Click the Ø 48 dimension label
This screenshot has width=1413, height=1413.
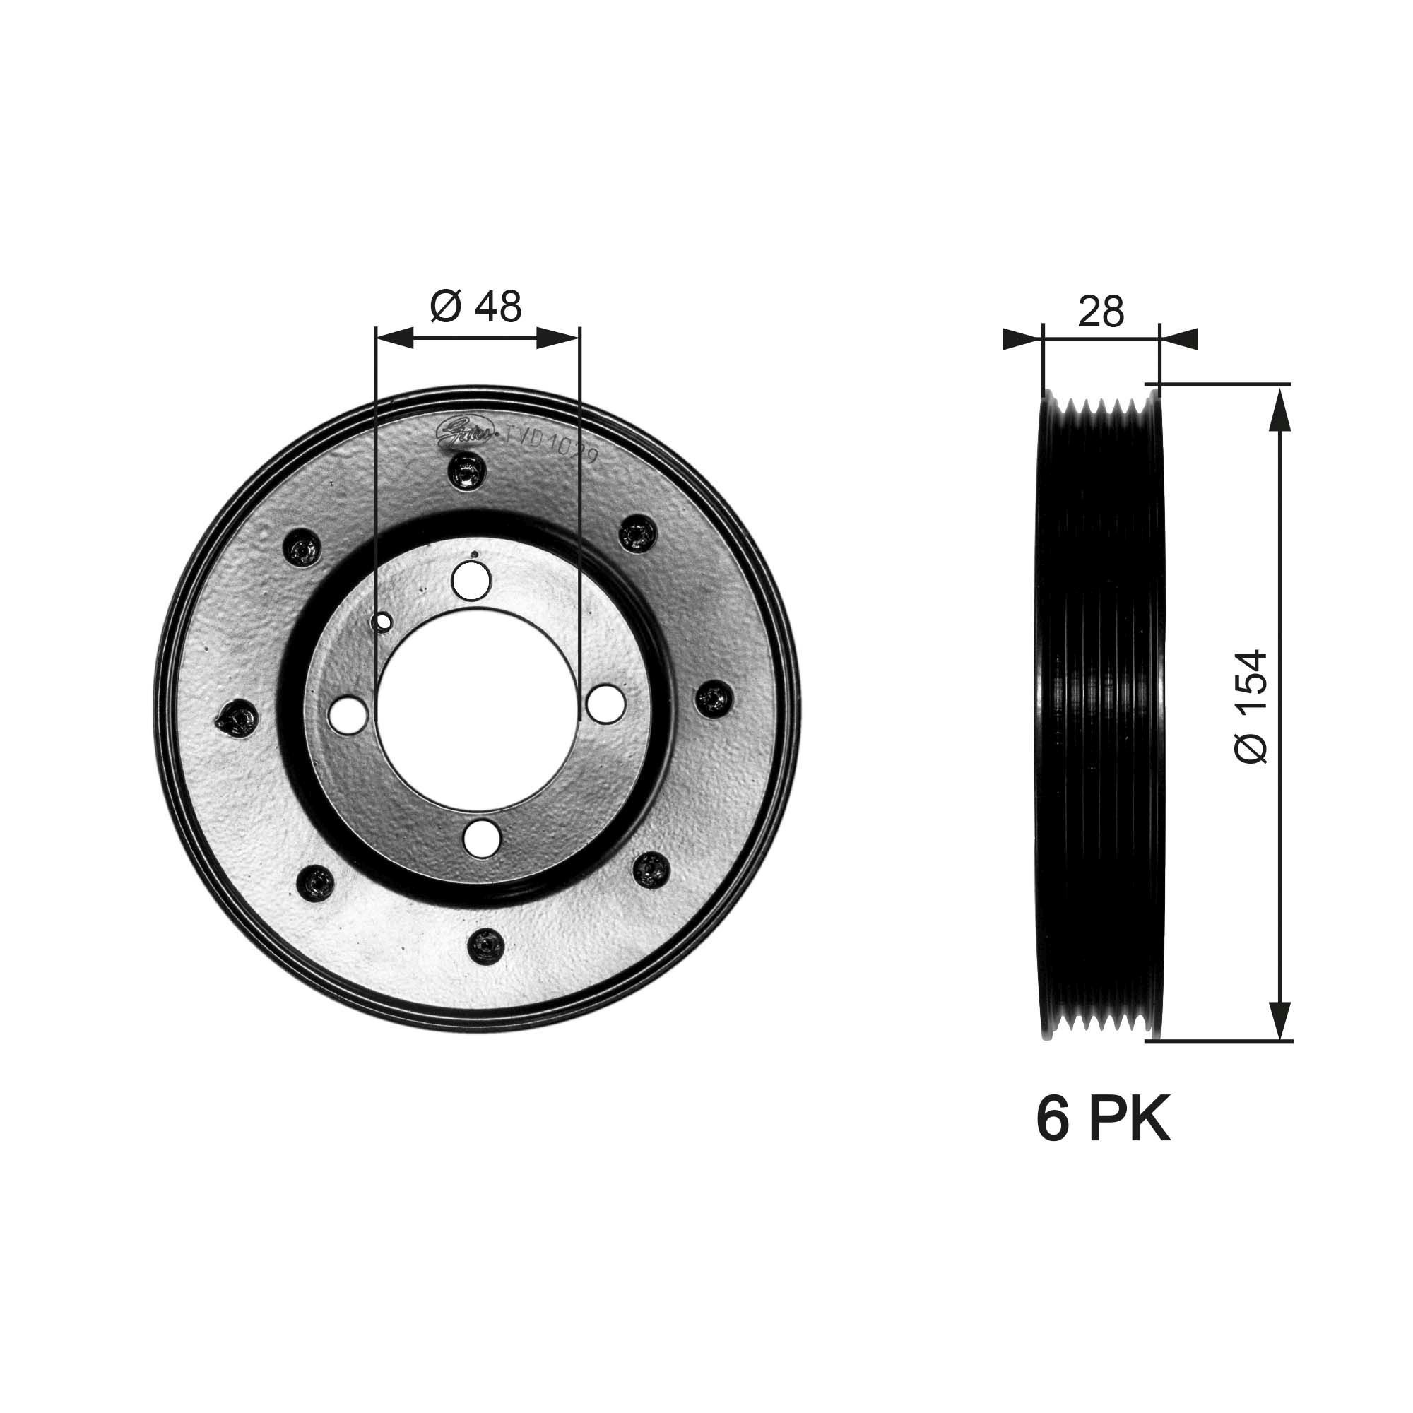pyautogui.click(x=476, y=307)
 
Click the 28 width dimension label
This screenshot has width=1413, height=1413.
pyautogui.click(x=1100, y=312)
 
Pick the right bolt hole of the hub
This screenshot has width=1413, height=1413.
pyautogui.click(x=606, y=702)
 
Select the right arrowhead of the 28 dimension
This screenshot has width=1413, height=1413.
pyautogui.click(x=1179, y=338)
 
